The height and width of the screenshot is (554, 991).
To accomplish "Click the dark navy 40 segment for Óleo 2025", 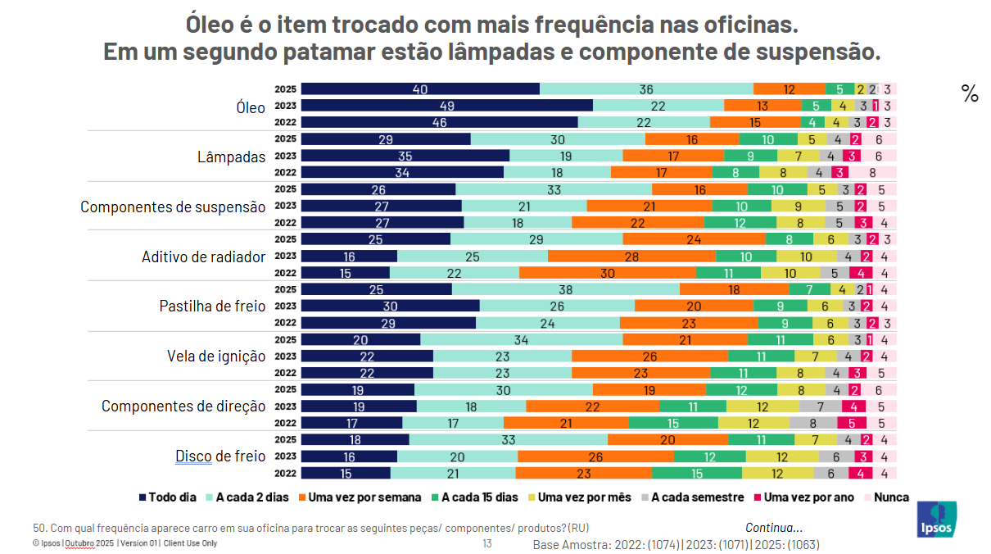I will pyautogui.click(x=420, y=89).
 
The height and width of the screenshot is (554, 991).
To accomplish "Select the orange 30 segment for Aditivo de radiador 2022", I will pyautogui.click(x=607, y=273).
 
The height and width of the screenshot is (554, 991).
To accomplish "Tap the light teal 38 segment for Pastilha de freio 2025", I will pyautogui.click(x=565, y=289).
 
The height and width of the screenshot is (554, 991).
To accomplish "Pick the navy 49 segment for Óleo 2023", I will pyautogui.click(x=446, y=106).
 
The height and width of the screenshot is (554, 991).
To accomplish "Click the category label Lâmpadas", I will pyautogui.click(x=232, y=157).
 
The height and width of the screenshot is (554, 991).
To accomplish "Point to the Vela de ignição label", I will pyautogui.click(x=216, y=356).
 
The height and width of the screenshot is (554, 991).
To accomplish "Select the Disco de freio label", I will pyautogui.click(x=220, y=456).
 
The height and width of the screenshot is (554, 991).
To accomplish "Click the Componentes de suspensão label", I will pyautogui.click(x=173, y=207).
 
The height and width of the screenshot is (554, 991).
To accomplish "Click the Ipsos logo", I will pyautogui.click(x=936, y=519).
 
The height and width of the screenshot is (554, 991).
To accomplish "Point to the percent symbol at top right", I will pyautogui.click(x=970, y=94).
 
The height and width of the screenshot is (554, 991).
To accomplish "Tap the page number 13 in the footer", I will pyautogui.click(x=486, y=543).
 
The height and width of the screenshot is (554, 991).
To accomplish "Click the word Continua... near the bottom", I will pyautogui.click(x=773, y=528).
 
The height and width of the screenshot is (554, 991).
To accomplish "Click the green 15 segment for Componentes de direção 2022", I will pyautogui.click(x=672, y=423).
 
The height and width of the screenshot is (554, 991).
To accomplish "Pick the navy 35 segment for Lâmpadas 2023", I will pyautogui.click(x=405, y=156).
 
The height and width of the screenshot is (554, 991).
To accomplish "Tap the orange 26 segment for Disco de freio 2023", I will pyautogui.click(x=595, y=456).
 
